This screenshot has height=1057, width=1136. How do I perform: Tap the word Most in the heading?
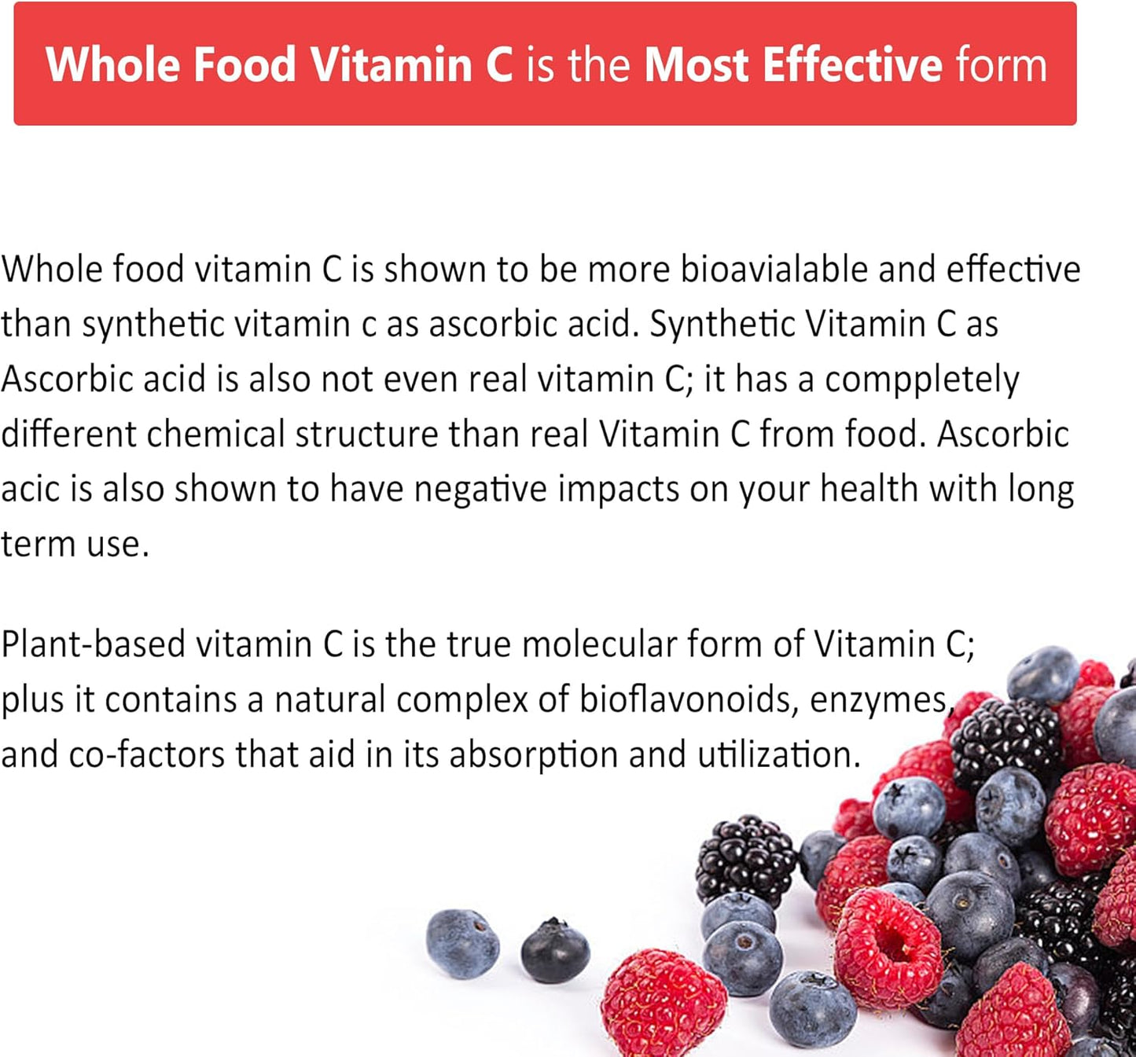pyautogui.click(x=696, y=64)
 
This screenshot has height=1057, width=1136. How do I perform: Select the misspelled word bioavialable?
pyautogui.click(x=774, y=270)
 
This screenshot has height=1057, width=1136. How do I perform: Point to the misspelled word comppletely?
pyautogui.click(x=921, y=380)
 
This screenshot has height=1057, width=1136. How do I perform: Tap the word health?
pyautogui.click(x=869, y=490)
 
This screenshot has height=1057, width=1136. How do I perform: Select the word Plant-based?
pyautogui.click(x=93, y=644)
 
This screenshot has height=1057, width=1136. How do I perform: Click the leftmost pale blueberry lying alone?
pyautogui.click(x=462, y=943)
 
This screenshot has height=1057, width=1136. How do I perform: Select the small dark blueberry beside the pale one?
pyautogui.click(x=555, y=951)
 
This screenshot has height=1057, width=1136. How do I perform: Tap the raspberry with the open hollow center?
pyautogui.click(x=887, y=946)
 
